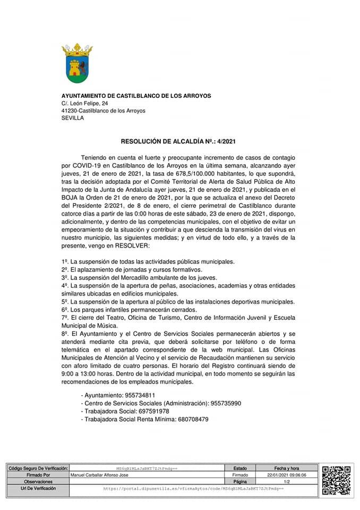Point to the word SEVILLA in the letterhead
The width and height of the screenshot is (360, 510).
click(73, 118)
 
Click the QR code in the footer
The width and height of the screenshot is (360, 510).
click(337, 480)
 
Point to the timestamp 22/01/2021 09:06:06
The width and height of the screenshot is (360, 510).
click(287, 475)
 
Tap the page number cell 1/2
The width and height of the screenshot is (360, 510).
click(287, 481)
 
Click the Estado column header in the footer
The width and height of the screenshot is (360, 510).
click(240, 468)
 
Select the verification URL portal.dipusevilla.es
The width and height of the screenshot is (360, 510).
click(193, 488)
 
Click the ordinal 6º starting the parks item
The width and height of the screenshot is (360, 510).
click(65, 309)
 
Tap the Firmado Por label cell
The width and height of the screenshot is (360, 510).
click(38, 475)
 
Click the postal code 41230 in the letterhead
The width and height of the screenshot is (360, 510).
click(69, 110)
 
